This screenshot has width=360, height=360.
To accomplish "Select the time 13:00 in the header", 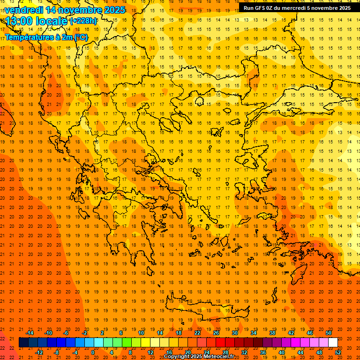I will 18,21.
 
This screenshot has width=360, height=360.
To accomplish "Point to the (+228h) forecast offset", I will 83,21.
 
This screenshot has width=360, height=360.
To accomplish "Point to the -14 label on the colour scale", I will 30,333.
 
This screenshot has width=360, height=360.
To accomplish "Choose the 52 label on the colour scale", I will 338,352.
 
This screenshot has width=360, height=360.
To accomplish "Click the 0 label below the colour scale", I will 92,352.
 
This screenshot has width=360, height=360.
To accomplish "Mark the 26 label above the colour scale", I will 216,333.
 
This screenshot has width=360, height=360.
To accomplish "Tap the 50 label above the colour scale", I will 329,333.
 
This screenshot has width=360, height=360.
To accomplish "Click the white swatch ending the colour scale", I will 333,343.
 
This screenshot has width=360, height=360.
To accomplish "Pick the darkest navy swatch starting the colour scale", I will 23,343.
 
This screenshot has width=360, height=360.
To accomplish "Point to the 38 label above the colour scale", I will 272,333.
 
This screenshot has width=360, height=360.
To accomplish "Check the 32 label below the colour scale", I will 244,352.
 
